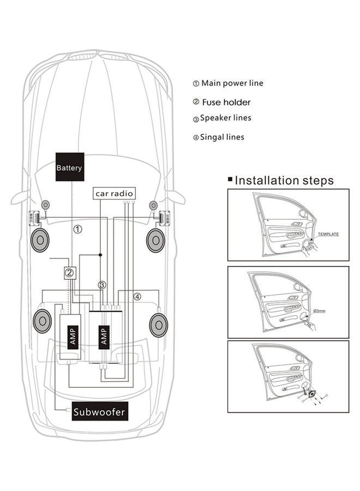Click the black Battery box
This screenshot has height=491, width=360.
pos(69,167)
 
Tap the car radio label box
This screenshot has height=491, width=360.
pos(115,193)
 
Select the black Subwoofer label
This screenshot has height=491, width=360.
pos(99,412)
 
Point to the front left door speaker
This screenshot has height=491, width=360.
pos(40,240)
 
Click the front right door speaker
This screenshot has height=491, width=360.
pos(156,240)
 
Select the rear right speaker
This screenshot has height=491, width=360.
pos(158,324)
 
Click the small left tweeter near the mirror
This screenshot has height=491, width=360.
pos(46,205)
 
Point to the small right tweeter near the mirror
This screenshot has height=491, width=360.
pos(152,205)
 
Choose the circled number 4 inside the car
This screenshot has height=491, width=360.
pos(137,297)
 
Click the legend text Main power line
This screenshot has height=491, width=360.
pos(232,83)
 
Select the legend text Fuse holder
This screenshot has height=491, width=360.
pos(226,102)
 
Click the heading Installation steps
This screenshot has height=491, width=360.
pos(284,181)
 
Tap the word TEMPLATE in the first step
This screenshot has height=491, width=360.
pos(328,234)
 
